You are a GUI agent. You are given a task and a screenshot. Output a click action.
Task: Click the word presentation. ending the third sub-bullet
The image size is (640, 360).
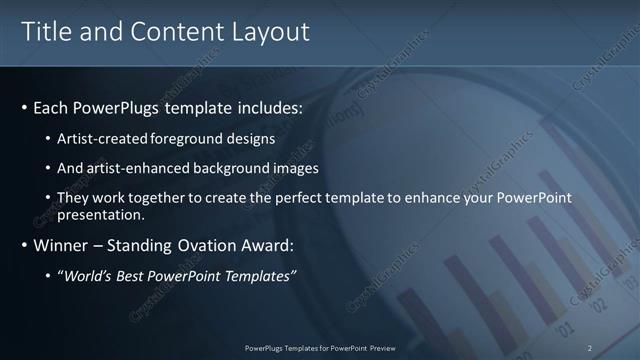pos(101,214)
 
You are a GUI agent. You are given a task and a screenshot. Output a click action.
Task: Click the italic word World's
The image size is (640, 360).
pos(87,276)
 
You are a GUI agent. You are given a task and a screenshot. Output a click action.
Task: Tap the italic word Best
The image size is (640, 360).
pos(132,276)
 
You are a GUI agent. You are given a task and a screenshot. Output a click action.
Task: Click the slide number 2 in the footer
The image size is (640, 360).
pos(590,348)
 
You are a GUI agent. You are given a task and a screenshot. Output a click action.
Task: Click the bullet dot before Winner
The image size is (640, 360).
pos(24,245)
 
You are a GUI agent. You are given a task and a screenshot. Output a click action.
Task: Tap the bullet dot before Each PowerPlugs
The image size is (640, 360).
pos(24,107)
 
